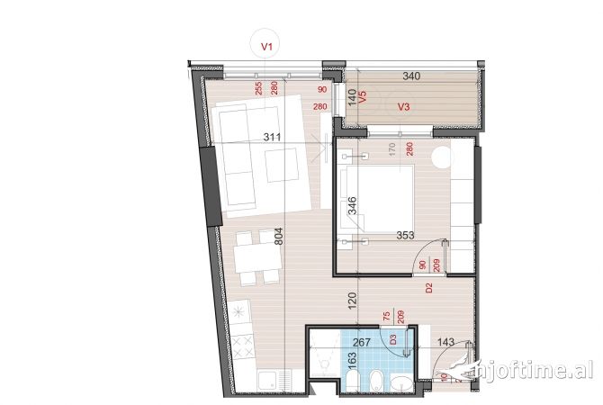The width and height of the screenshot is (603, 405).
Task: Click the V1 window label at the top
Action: point(266,43)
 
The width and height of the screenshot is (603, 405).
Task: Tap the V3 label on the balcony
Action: point(404,107)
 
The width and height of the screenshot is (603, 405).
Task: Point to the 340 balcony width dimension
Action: point(410,77)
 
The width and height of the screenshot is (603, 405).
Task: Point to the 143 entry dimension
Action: point(446,341)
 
